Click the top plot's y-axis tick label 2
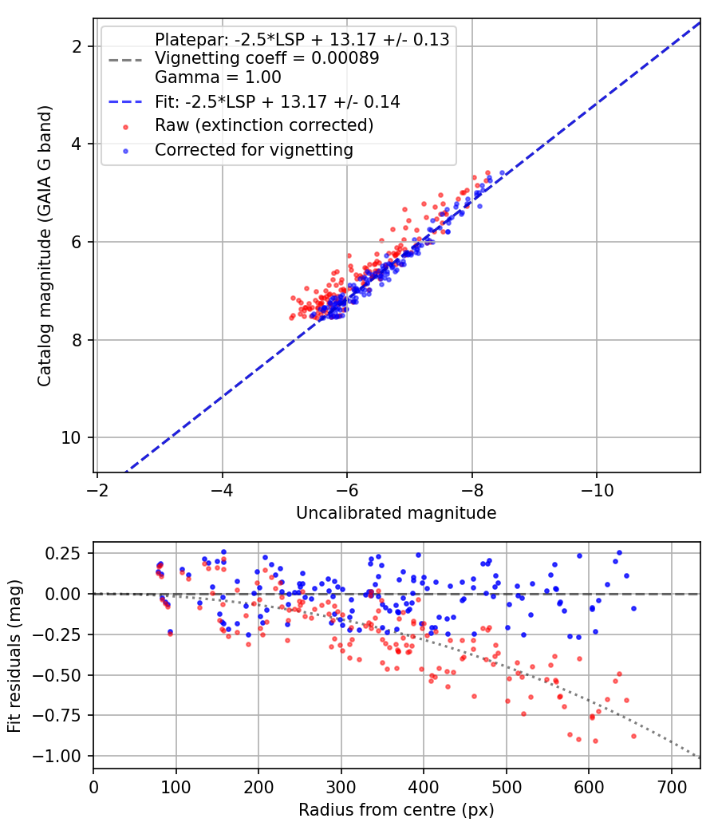pyautogui.click(x=77, y=46)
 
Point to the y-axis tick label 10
pyautogui.click(x=72, y=437)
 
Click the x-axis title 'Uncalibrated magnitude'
pyautogui.click(x=396, y=513)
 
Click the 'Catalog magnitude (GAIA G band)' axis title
pyautogui.click(x=45, y=246)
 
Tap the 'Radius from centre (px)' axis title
pyautogui.click(x=396, y=810)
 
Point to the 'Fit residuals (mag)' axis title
pyautogui.click(x=14, y=656)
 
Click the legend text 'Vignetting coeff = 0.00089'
pyautogui.click(x=267, y=58)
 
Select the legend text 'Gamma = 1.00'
pyautogui.click(x=218, y=77)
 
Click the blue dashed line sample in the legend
pyautogui.click(x=125, y=101)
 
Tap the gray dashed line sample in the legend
pyautogui.click(x=125, y=59)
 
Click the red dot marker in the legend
pyautogui.click(x=125, y=127)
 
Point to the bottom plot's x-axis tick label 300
pyautogui.click(x=341, y=787)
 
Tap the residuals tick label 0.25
pyautogui.click(x=63, y=553)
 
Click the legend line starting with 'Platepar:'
pyautogui.click(x=302, y=40)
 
